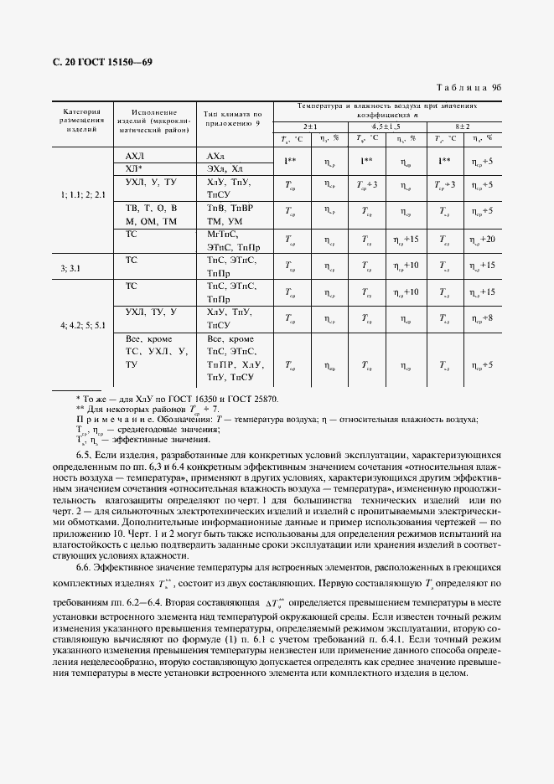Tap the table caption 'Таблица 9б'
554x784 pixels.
[469, 87]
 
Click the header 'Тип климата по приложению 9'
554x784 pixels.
[233, 119]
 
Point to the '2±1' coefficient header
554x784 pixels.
[310, 125]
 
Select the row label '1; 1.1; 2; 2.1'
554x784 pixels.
[82, 194]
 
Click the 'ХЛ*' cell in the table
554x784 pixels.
[134, 168]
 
